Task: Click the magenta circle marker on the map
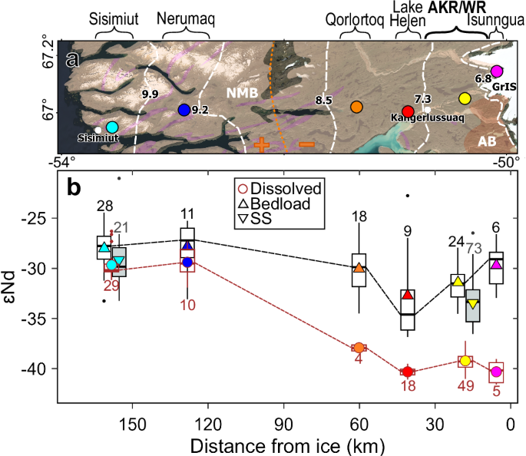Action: pos(496,71)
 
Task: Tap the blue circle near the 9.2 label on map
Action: pos(184,110)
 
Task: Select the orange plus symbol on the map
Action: pos(263,146)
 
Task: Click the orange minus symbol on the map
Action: pos(306,145)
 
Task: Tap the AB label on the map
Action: pos(487,141)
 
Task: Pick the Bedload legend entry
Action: pos(283,203)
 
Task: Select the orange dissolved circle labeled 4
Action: pos(359,348)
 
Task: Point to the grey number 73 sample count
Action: pos(474,247)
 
